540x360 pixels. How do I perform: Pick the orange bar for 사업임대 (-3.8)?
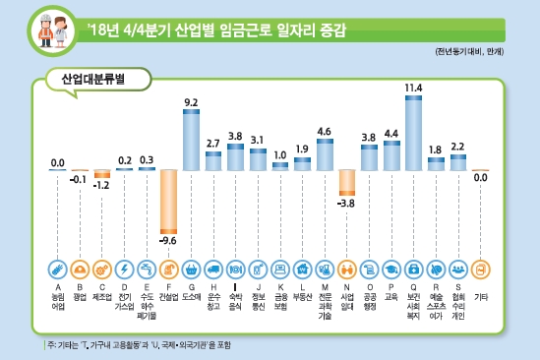pyautogui.click(x=346, y=182)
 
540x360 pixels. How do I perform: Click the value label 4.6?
pyautogui.click(x=324, y=131)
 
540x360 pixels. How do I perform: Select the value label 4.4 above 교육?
pyautogui.click(x=390, y=133)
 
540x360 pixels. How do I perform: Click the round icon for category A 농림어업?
pyautogui.click(x=57, y=269)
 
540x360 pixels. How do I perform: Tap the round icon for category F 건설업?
pyautogui.click(x=168, y=269)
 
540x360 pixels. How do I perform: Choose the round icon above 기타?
pyautogui.click(x=480, y=269)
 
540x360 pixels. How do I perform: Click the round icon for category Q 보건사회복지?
pyautogui.click(x=413, y=269)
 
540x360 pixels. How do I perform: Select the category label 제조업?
pyautogui.click(x=101, y=294)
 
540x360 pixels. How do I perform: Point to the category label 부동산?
pyautogui.click(x=302, y=294)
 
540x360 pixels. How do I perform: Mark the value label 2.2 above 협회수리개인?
pyautogui.click(x=457, y=147)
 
